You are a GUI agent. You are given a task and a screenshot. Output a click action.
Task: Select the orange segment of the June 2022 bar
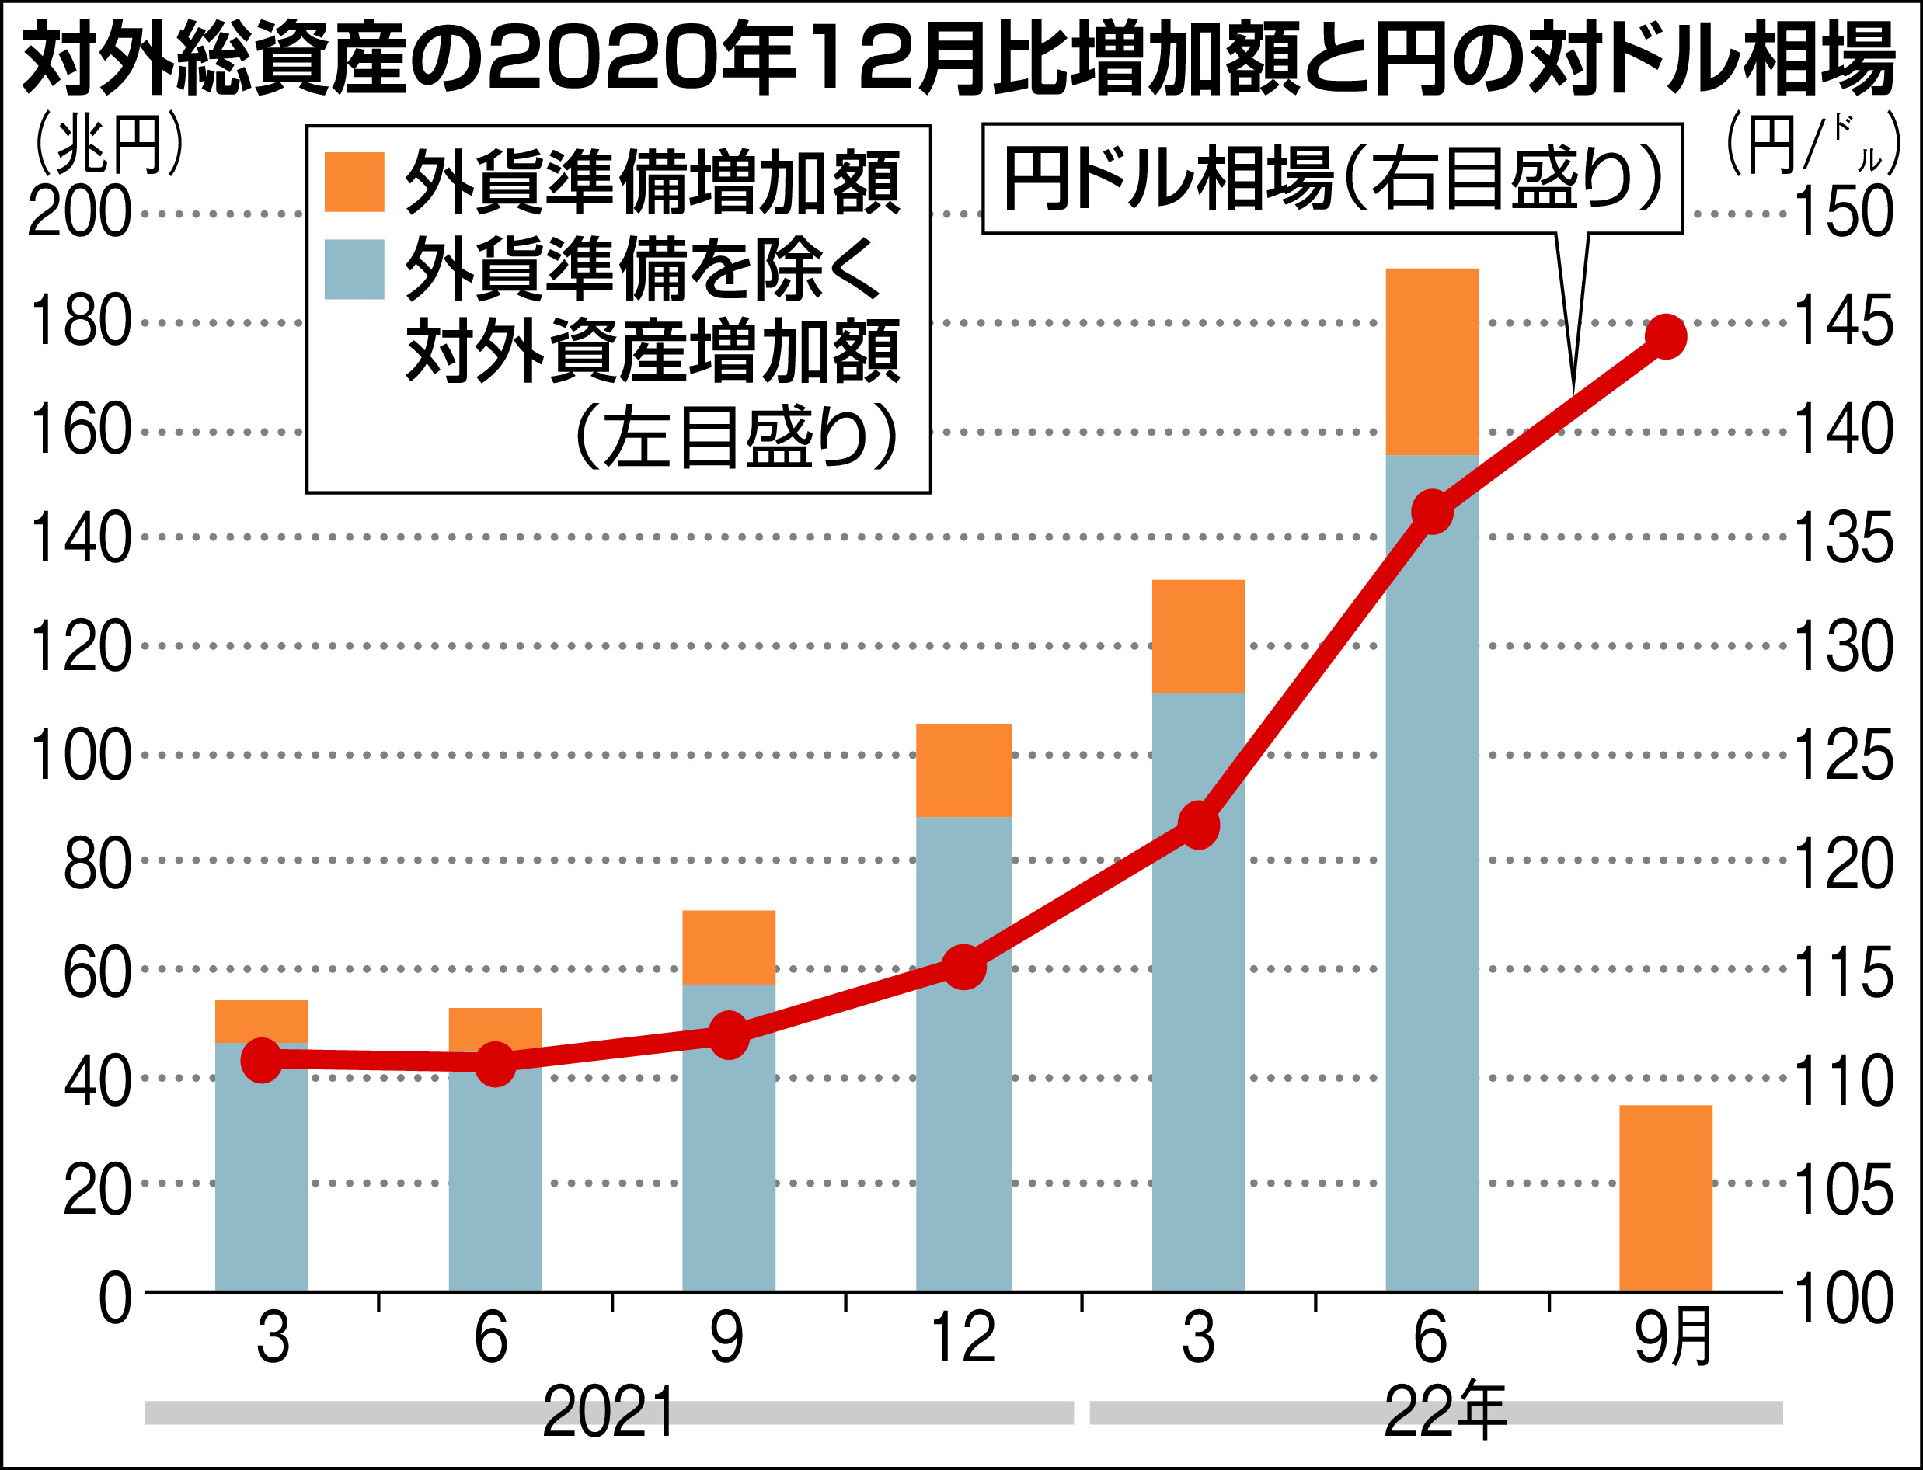[1432, 360]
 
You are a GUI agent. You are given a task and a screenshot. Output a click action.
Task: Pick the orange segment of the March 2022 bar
[1198, 635]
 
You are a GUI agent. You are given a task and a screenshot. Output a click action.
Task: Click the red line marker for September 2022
[1665, 336]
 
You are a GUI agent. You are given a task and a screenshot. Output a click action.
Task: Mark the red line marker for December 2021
[963, 967]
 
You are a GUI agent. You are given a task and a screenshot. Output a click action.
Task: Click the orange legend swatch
[354, 182]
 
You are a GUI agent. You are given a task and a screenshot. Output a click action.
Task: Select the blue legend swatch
[354, 269]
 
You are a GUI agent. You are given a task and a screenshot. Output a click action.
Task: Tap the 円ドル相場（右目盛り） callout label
[1330, 179]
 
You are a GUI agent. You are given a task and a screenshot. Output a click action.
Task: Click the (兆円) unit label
[109, 144]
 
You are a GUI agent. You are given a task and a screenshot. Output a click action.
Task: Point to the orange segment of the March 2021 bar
[262, 1020]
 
